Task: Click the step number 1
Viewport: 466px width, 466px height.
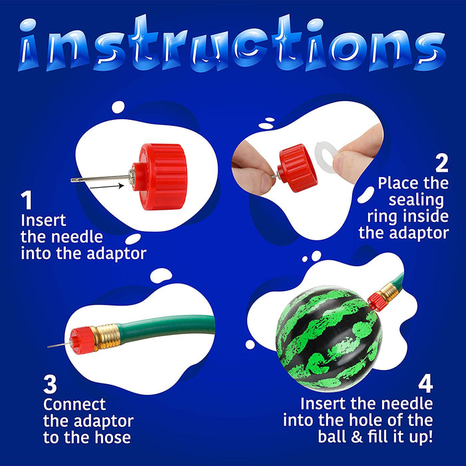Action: tap(27, 200)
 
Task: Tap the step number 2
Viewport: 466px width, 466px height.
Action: tap(441, 163)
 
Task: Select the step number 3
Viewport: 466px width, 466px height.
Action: tap(50, 384)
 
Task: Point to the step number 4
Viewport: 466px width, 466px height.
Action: tap(425, 383)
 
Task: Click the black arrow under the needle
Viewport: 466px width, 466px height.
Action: tap(107, 186)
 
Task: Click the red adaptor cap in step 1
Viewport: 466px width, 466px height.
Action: tap(160, 176)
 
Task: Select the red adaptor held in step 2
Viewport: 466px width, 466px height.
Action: tap(297, 168)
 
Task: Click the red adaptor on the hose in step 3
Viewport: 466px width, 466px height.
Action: tap(82, 340)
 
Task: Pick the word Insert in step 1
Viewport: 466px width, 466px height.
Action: tap(43, 220)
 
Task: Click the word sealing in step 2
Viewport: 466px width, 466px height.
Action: tap(416, 200)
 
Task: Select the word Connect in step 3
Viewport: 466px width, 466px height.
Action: tap(75, 404)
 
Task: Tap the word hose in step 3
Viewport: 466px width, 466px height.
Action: tap(113, 437)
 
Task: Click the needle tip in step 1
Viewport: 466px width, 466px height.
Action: tap(72, 180)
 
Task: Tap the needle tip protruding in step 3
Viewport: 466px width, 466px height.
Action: tap(49, 347)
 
